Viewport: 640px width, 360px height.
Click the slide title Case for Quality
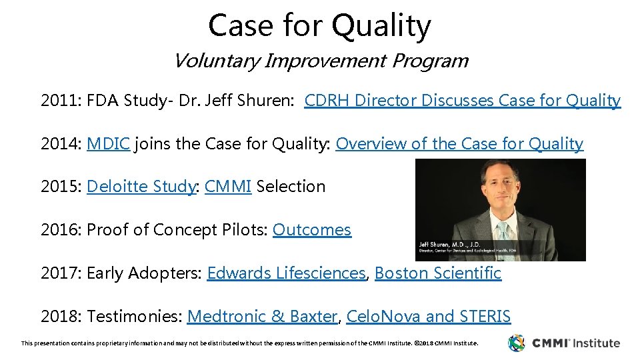[319, 26]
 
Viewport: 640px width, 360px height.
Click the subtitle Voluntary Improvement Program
[320, 61]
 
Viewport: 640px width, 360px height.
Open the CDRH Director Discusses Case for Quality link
[462, 101]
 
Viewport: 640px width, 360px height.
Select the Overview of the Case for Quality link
[459, 144]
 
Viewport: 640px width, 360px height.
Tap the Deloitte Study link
[140, 187]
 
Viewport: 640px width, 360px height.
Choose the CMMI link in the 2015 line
[228, 187]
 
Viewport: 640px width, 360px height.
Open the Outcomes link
[311, 230]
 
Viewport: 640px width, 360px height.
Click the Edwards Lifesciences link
[286, 273]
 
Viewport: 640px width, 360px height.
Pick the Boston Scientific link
[437, 273]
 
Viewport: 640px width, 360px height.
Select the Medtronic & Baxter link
[262, 317]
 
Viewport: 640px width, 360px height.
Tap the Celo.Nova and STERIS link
[429, 317]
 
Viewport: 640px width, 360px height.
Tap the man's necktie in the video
[501, 230]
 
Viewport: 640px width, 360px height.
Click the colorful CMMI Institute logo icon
[517, 343]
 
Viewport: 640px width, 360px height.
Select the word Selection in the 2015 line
[291, 187]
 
